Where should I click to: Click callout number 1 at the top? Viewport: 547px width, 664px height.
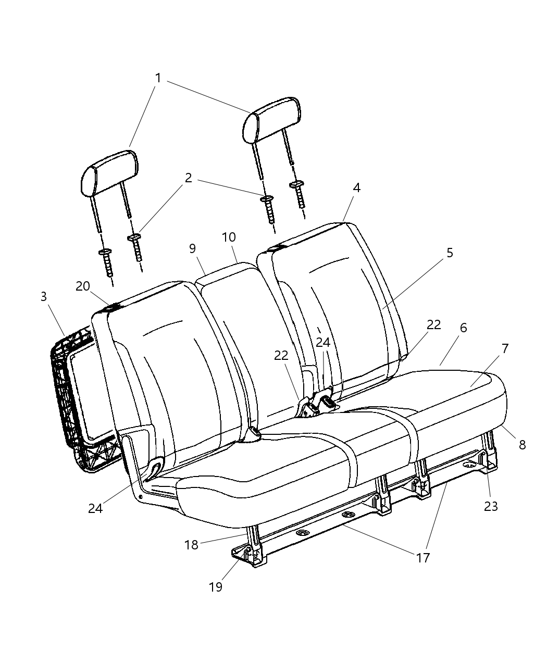158,78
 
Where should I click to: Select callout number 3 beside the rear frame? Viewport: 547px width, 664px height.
44,296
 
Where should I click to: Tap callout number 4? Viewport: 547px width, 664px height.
356,187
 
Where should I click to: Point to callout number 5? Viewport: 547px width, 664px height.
450,253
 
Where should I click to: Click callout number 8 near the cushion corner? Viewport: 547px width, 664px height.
522,445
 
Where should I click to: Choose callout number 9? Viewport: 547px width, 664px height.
192,249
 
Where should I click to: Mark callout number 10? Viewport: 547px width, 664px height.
229,237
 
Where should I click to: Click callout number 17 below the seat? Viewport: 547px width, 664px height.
422,558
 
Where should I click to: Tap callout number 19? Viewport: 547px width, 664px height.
215,586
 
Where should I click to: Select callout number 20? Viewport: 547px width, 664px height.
82,286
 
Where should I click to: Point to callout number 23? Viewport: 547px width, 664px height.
491,506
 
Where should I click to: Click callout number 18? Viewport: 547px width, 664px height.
191,546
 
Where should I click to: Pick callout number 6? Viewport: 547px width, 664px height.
463,328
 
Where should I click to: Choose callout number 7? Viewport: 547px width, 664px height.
505,349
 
